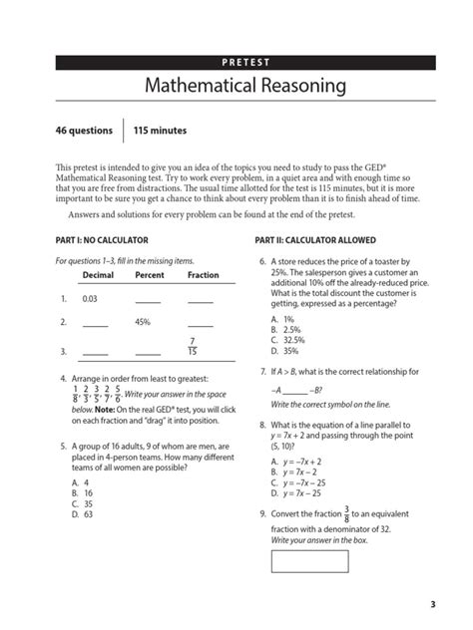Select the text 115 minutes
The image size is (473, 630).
[161, 132]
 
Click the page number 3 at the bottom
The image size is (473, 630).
[432, 604]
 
